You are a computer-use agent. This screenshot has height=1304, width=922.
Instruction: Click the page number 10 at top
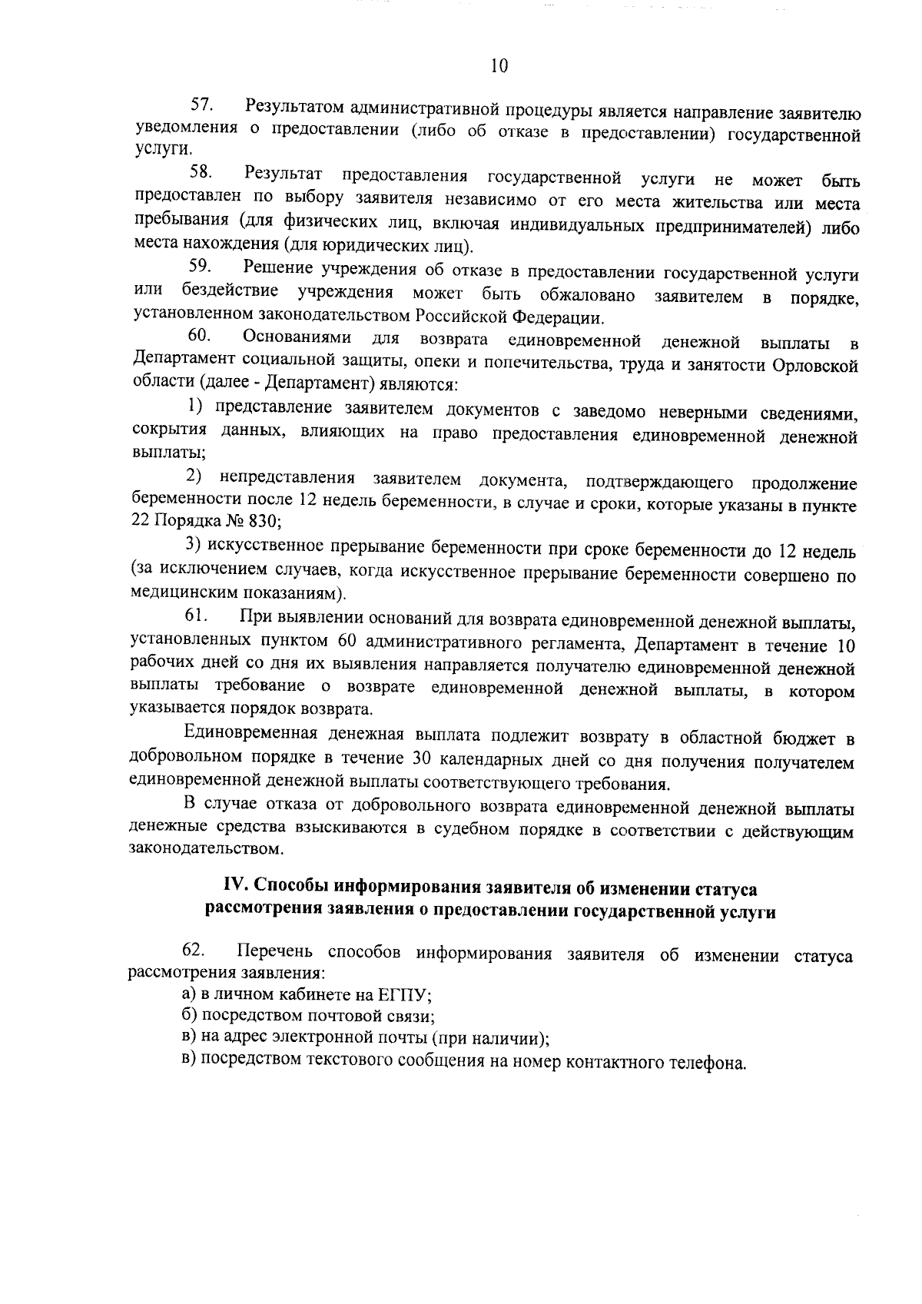tap(499, 66)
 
